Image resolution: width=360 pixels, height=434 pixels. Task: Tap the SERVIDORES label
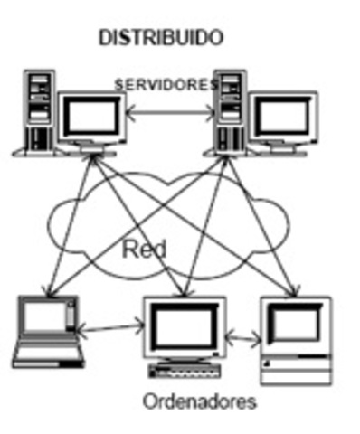(x=168, y=83)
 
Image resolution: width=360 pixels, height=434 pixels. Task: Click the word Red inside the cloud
(x=145, y=248)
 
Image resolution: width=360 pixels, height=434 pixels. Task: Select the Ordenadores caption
(x=199, y=401)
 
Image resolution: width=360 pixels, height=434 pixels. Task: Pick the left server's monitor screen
(x=90, y=116)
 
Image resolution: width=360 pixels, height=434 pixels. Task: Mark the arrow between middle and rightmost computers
(x=242, y=340)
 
